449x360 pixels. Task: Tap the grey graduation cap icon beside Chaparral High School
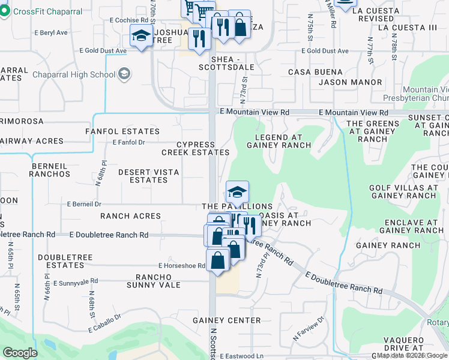124,74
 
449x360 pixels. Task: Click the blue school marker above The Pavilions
237,192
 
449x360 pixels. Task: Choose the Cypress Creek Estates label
195,149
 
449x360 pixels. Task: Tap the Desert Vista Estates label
148,176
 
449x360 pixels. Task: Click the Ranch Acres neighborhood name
130,216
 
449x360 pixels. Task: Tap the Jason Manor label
351,82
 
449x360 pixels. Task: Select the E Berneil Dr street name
84,204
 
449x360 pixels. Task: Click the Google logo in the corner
20,353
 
